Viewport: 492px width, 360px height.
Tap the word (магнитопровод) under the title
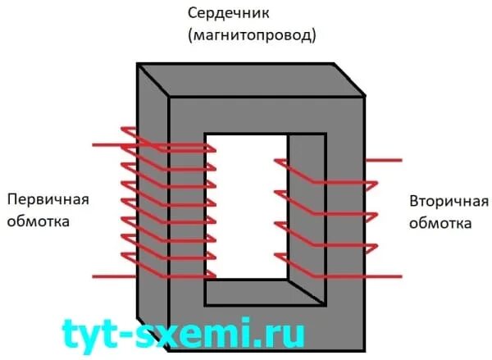pyautogui.click(x=251, y=36)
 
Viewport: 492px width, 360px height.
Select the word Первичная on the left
pyautogui.click(x=47, y=200)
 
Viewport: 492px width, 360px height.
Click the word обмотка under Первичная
pyautogui.click(x=36, y=221)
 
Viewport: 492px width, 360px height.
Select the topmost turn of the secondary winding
pyautogui.click(x=328, y=172)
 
